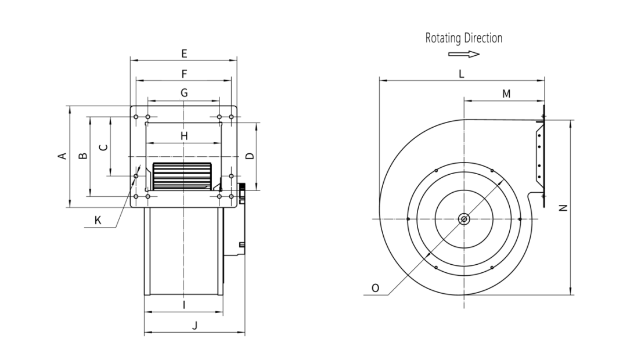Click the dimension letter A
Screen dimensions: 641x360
(x=63, y=156)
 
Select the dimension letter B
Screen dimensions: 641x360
(x=83, y=156)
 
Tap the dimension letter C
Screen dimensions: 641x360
(x=104, y=147)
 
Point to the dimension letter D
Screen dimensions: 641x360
(x=250, y=156)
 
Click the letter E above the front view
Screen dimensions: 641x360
(x=184, y=53)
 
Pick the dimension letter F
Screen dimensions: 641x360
(x=185, y=74)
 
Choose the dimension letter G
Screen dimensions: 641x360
(x=185, y=93)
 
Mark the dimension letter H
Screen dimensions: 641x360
(x=184, y=136)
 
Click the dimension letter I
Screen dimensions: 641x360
(x=184, y=305)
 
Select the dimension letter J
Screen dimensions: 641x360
(x=195, y=326)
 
